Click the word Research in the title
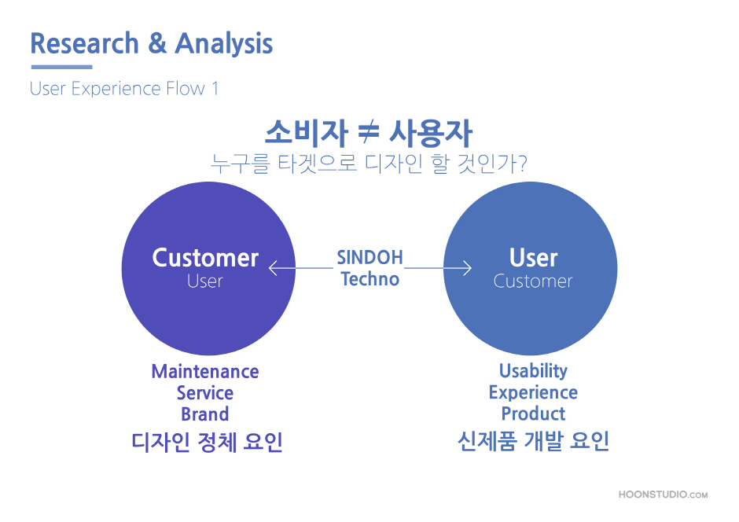[84, 43]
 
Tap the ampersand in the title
[157, 43]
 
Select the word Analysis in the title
[224, 44]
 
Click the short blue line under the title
[62, 67]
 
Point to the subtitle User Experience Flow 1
[124, 89]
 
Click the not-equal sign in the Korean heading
[369, 131]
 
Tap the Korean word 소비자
[307, 132]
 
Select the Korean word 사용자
[430, 133]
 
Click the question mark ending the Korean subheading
[522, 163]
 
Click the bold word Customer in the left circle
[205, 258]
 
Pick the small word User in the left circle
[205, 281]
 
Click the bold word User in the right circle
[534, 258]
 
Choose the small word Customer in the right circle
[533, 281]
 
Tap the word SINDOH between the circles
[370, 257]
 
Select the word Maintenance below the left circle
[205, 371]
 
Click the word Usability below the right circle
[534, 371]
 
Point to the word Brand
[205, 414]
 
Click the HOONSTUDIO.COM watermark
[663, 494]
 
